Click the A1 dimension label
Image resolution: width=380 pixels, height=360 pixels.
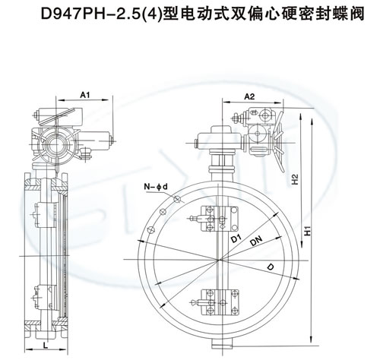85,95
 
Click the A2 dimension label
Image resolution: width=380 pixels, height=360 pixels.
249,96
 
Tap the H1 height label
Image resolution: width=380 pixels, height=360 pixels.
307,230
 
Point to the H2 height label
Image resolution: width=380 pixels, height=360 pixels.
295,179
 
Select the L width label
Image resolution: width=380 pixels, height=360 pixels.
46,345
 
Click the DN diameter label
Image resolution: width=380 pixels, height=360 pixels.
256,241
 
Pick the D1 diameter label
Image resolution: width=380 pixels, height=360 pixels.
236,238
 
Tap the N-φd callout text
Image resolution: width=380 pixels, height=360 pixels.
156,187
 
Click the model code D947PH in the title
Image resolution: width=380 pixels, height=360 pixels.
70,14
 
